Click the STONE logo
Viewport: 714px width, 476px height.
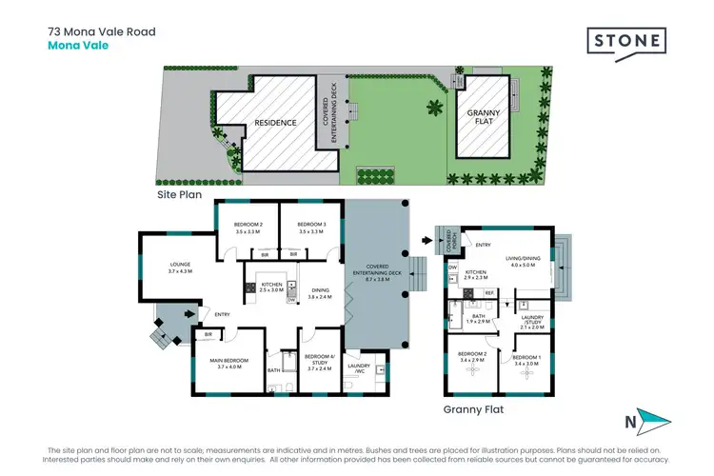(x=625, y=43)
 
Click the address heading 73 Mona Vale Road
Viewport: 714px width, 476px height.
(x=102, y=31)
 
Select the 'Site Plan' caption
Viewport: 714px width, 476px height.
(x=180, y=193)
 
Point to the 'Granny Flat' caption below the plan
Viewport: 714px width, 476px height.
(x=472, y=409)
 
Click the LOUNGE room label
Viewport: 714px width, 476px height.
(x=181, y=268)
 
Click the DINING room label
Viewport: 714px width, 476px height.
(x=320, y=294)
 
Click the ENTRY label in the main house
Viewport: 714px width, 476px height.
(x=223, y=315)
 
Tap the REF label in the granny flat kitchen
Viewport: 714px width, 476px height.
(x=489, y=292)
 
